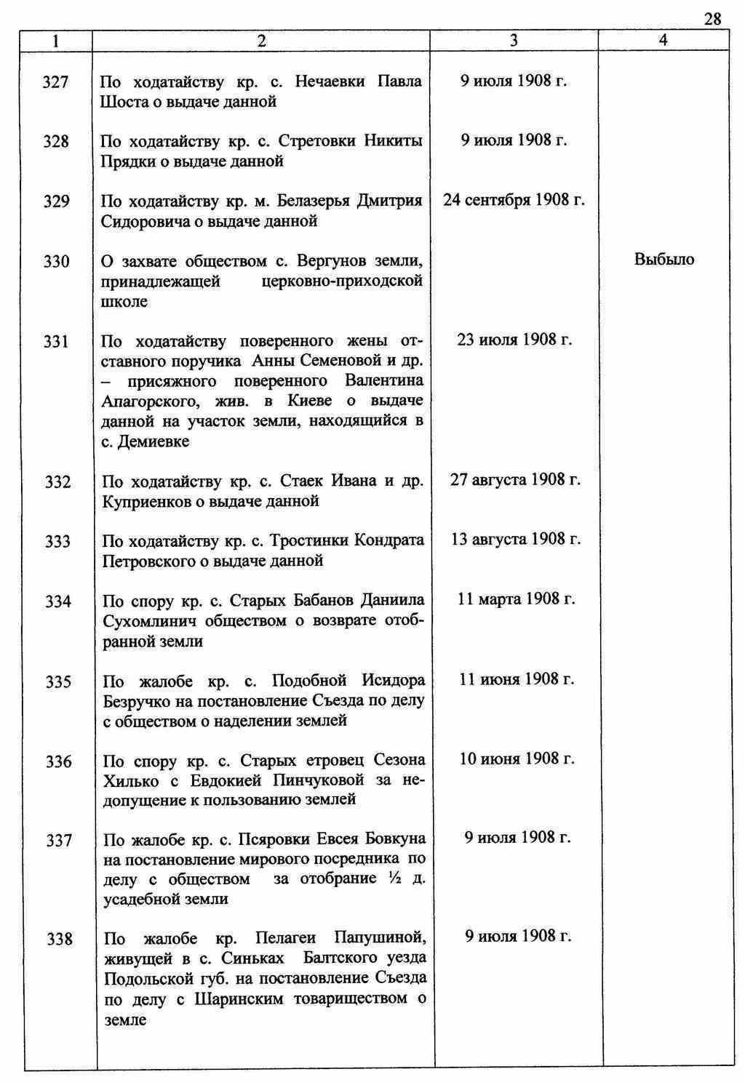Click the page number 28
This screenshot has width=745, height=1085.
tap(712, 19)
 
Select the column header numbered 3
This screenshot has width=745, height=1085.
tap(514, 41)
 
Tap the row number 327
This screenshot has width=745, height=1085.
tap(56, 82)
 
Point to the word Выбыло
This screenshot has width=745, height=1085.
tap(664, 260)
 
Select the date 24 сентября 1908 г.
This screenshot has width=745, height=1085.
tap(514, 200)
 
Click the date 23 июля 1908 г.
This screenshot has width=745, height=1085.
tap(514, 340)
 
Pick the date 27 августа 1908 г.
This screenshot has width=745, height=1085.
tap(515, 479)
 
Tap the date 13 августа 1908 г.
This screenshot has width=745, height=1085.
tap(515, 539)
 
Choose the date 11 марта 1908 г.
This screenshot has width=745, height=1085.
tap(516, 598)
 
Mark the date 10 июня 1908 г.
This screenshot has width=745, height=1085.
tap(517, 759)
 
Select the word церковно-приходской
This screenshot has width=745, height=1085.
tap(342, 281)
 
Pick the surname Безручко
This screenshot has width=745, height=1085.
tap(139, 702)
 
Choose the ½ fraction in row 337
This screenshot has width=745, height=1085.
tap(391, 878)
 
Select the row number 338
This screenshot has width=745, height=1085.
tap(59, 939)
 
